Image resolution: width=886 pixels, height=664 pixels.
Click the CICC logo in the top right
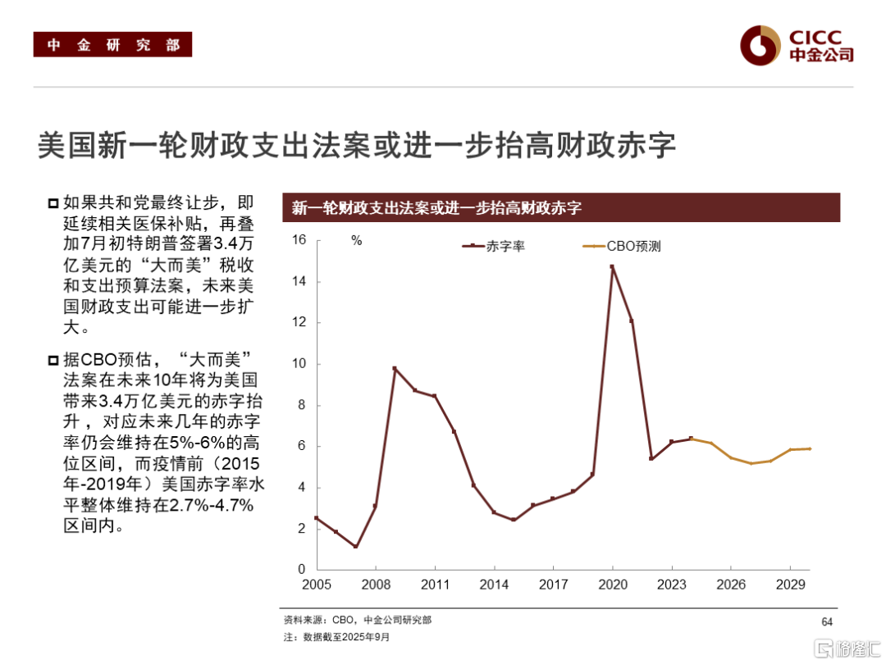point(797,44)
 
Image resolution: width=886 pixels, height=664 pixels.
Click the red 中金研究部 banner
point(112,45)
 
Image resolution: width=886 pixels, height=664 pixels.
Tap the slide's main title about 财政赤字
point(357,146)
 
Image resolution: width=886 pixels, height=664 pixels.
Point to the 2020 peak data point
point(612,266)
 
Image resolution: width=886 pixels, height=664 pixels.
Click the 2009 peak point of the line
point(395,369)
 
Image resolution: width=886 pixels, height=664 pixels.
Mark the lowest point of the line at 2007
point(355,547)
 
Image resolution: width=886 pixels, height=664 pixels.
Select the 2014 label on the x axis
point(494,585)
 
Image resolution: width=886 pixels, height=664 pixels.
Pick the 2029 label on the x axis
point(790,585)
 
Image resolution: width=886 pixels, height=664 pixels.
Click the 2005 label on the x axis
point(316,585)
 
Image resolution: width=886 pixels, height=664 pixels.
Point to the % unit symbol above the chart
point(356,241)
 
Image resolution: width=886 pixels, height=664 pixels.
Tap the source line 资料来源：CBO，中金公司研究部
point(357,621)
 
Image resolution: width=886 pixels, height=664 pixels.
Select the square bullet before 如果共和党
point(53,203)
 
